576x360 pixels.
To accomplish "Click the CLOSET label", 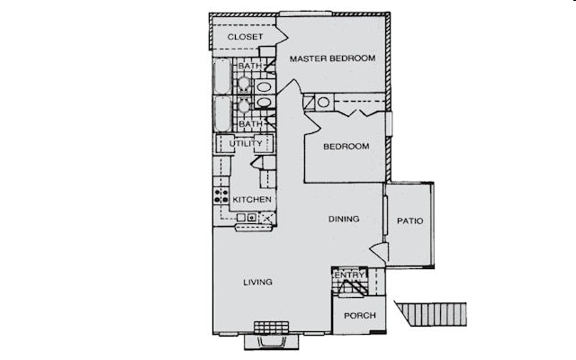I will tap(245, 37).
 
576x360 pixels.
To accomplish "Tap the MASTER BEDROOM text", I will tap(332, 58).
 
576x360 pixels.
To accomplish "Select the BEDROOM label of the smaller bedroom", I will tap(346, 147).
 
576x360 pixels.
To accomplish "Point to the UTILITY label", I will tap(246, 143).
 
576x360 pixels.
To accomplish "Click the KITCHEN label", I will tap(252, 199).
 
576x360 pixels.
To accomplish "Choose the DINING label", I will tap(344, 219).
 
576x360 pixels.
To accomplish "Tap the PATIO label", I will tap(409, 220).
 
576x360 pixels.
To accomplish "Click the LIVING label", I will tap(257, 283).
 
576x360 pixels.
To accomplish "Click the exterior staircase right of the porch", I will tap(432, 314).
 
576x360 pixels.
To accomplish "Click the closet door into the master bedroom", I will tap(281, 37).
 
